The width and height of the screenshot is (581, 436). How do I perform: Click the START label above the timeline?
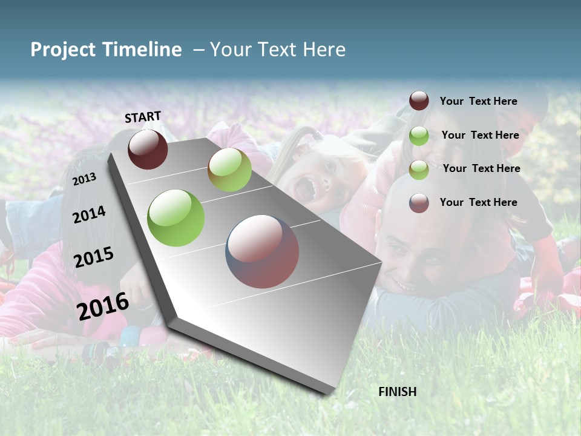point(143,117)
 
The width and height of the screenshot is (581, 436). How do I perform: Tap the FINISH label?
point(398,392)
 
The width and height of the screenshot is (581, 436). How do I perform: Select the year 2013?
point(85,179)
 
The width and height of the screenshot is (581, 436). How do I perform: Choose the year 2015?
point(94,257)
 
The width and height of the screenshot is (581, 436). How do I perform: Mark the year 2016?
point(103,306)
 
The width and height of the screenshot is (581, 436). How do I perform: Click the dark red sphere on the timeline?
point(148,149)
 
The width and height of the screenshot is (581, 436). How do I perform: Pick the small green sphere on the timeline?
point(229,170)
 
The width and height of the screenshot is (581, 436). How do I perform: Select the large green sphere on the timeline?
point(176,218)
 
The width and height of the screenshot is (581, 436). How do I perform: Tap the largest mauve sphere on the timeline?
point(262,251)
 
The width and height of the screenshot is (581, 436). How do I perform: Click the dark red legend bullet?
point(419,101)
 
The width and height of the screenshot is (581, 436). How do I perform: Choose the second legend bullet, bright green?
point(419,136)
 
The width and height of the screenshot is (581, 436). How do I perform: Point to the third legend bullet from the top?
point(419,170)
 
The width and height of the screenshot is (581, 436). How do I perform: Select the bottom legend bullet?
point(419,203)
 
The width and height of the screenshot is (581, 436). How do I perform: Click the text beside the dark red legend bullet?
point(478,101)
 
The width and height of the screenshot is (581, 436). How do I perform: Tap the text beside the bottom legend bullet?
point(478,202)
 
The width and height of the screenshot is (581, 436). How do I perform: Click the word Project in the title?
point(63,50)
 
